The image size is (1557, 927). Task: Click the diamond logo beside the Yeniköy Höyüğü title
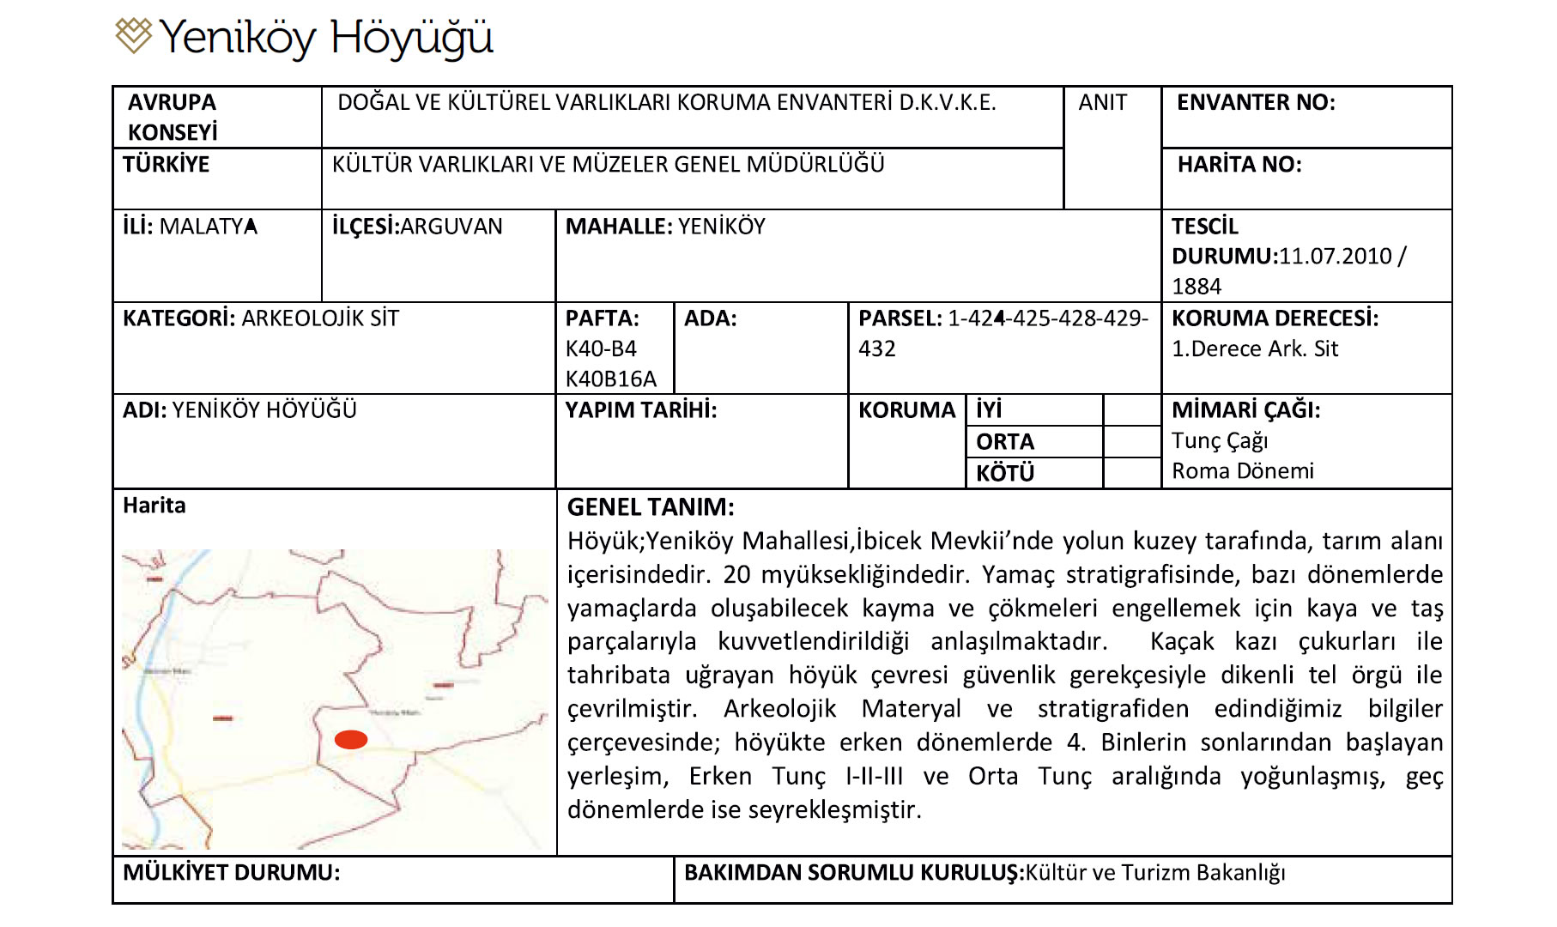pyautogui.click(x=133, y=35)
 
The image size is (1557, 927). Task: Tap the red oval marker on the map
pyautogui.click(x=350, y=740)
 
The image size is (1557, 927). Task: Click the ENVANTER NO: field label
pyautogui.click(x=1255, y=103)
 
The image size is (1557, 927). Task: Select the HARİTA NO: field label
pyautogui.click(x=1239, y=165)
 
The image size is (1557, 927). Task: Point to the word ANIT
pyautogui.click(x=1102, y=103)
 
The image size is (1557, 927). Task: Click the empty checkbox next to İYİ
pyautogui.click(x=1131, y=410)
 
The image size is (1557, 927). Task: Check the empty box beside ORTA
pyautogui.click(x=1131, y=442)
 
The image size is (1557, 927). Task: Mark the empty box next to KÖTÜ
pyautogui.click(x=1131, y=473)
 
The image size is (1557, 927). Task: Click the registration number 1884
pyautogui.click(x=1196, y=287)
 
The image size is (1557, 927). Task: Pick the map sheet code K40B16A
pyautogui.click(x=610, y=379)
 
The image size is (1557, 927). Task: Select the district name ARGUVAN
pyautogui.click(x=451, y=227)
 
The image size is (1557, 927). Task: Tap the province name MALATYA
pyautogui.click(x=209, y=227)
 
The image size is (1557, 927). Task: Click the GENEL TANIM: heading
pyautogui.click(x=651, y=507)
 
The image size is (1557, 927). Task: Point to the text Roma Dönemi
pyautogui.click(x=1242, y=471)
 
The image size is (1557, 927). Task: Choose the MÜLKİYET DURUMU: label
pyautogui.click(x=231, y=873)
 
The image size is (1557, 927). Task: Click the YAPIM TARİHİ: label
pyautogui.click(x=640, y=410)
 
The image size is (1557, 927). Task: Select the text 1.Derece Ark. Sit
pyautogui.click(x=1254, y=349)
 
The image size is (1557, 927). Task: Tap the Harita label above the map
pyautogui.click(x=154, y=506)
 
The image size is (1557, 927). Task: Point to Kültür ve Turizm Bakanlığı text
pyautogui.click(x=1155, y=873)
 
